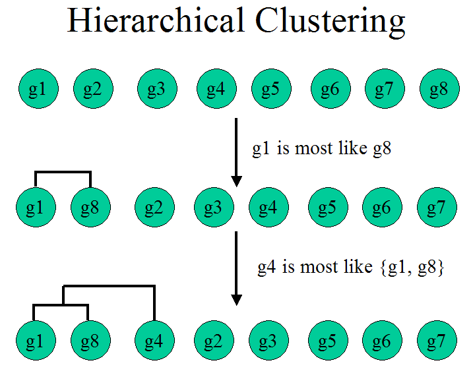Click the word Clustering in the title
(x=331, y=22)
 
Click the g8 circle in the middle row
(x=91, y=208)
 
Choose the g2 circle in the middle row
(x=154, y=208)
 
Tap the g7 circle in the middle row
(x=436, y=208)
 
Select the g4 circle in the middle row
(x=267, y=208)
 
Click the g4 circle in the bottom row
(x=154, y=341)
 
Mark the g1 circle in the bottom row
(x=35, y=341)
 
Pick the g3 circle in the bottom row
(x=268, y=341)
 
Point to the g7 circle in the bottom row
(x=436, y=341)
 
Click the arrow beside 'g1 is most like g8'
(x=236, y=152)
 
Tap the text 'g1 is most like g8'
(x=322, y=148)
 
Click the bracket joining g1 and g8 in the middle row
(x=63, y=173)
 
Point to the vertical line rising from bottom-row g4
(x=154, y=303)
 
